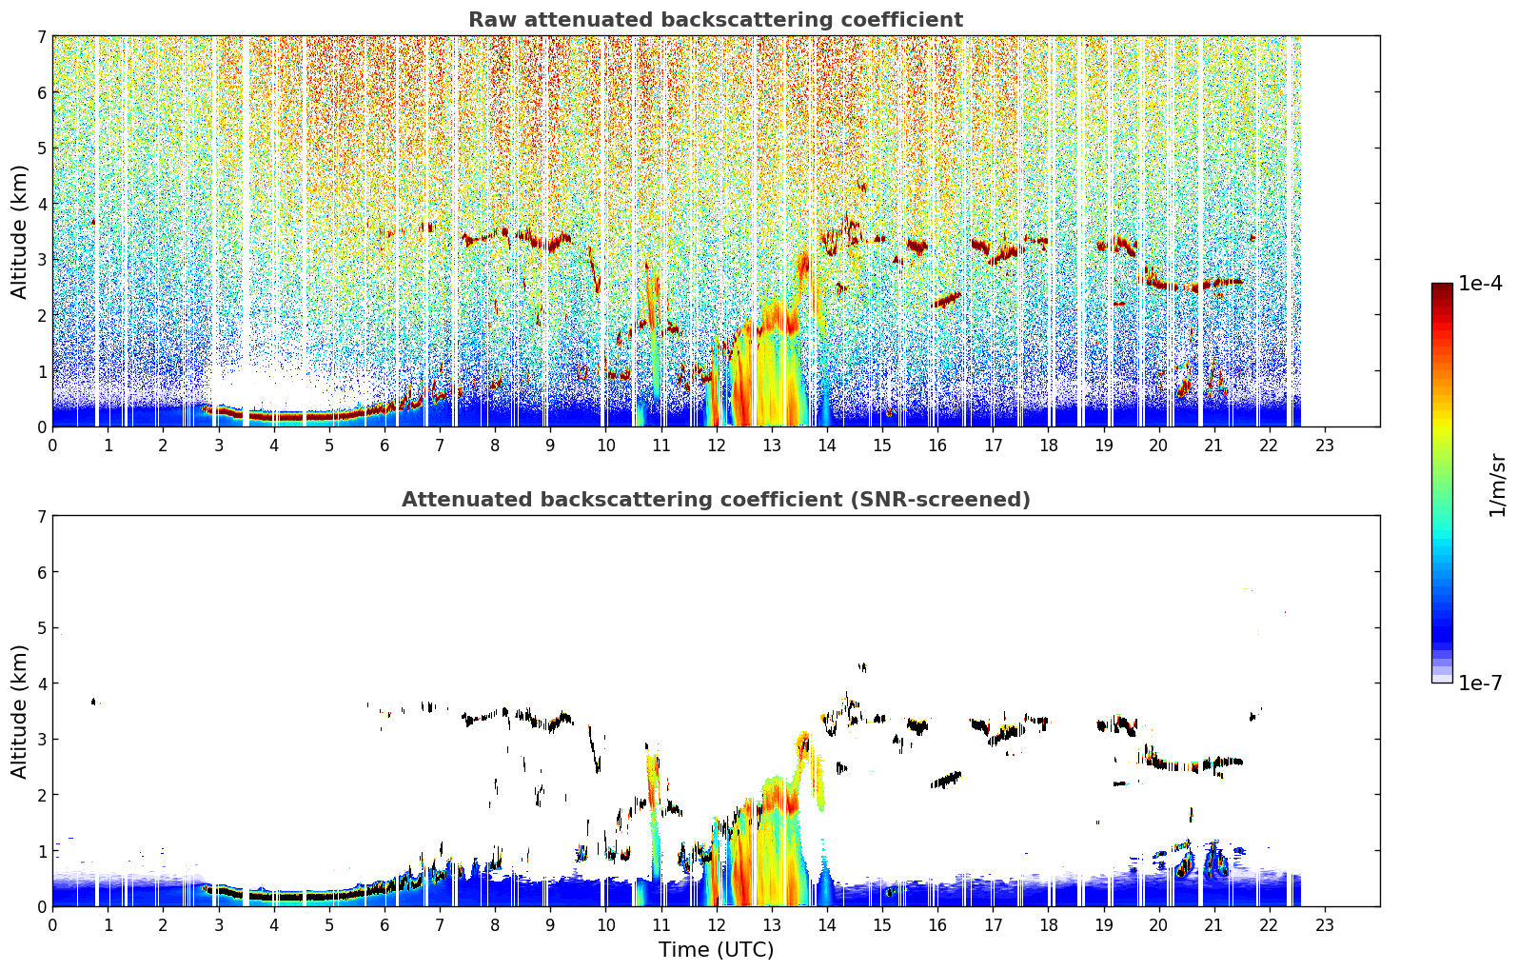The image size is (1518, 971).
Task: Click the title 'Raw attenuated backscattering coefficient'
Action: (716, 20)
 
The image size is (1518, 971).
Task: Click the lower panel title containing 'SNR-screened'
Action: (716, 499)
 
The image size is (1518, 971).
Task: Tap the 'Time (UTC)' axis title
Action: (716, 950)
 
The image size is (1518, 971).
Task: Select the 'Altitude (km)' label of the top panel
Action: (19, 232)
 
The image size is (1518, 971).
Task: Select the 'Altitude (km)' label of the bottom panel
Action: (19, 711)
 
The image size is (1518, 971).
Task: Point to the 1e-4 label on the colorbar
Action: (1480, 284)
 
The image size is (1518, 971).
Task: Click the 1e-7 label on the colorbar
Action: (1480, 683)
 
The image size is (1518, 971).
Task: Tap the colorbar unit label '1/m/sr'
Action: (1497, 486)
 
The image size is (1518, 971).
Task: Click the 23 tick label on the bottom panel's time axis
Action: (1324, 925)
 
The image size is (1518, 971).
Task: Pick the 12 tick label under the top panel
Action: (717, 446)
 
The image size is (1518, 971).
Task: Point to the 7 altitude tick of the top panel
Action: (41, 36)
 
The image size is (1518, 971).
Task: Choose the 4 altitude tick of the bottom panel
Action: (41, 684)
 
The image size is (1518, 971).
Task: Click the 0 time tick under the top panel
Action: (53, 446)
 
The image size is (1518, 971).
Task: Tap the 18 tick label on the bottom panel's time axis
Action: (1049, 925)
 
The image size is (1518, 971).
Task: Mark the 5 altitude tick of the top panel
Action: (41, 148)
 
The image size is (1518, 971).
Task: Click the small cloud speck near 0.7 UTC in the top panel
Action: (93, 222)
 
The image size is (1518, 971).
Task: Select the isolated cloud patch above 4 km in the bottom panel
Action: (862, 667)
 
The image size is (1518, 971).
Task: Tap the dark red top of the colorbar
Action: (1442, 287)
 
